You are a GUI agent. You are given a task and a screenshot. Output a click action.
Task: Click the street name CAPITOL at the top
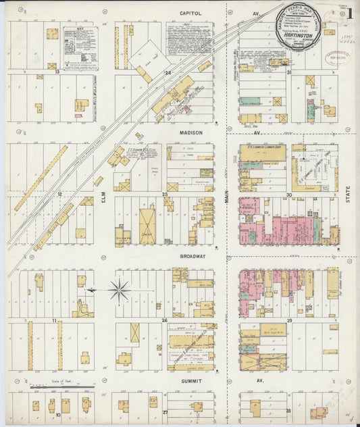[191, 13]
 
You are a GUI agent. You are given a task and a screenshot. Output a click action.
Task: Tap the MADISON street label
[191, 133]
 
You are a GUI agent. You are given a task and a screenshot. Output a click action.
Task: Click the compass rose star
[120, 290]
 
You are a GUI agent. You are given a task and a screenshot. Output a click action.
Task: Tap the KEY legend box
[80, 48]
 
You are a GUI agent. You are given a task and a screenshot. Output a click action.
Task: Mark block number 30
[288, 194]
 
